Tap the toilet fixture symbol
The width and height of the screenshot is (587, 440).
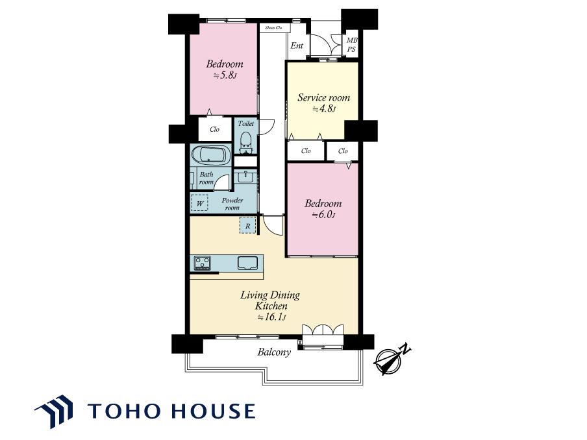pyautogui.click(x=246, y=143)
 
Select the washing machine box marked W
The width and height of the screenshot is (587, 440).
pyautogui.click(x=200, y=204)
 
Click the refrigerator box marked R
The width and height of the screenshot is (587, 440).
pyautogui.click(x=247, y=226)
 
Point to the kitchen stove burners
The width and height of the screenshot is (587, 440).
pyautogui.click(x=202, y=263)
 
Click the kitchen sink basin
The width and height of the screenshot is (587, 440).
pyautogui.click(x=247, y=263)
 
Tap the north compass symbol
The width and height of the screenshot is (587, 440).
pyautogui.click(x=392, y=360)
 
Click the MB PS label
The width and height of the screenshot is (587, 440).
pyautogui.click(x=351, y=45)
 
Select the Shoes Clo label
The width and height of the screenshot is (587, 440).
pyautogui.click(x=273, y=28)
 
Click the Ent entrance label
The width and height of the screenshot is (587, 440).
pyautogui.click(x=297, y=45)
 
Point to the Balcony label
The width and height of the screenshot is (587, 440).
pyautogui.click(x=274, y=352)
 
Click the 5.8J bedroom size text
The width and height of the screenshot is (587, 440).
pyautogui.click(x=225, y=75)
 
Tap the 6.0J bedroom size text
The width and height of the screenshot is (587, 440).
pyautogui.click(x=323, y=215)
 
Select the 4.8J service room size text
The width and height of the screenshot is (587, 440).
pyautogui.click(x=324, y=109)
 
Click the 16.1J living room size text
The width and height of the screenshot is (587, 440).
pyautogui.click(x=271, y=317)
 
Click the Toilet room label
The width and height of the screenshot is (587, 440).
pyautogui.click(x=246, y=123)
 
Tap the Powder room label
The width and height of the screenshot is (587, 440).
pyautogui.click(x=232, y=204)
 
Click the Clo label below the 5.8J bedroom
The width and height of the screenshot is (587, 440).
pyautogui.click(x=214, y=129)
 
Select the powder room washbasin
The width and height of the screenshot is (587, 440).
pyautogui.click(x=245, y=176)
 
